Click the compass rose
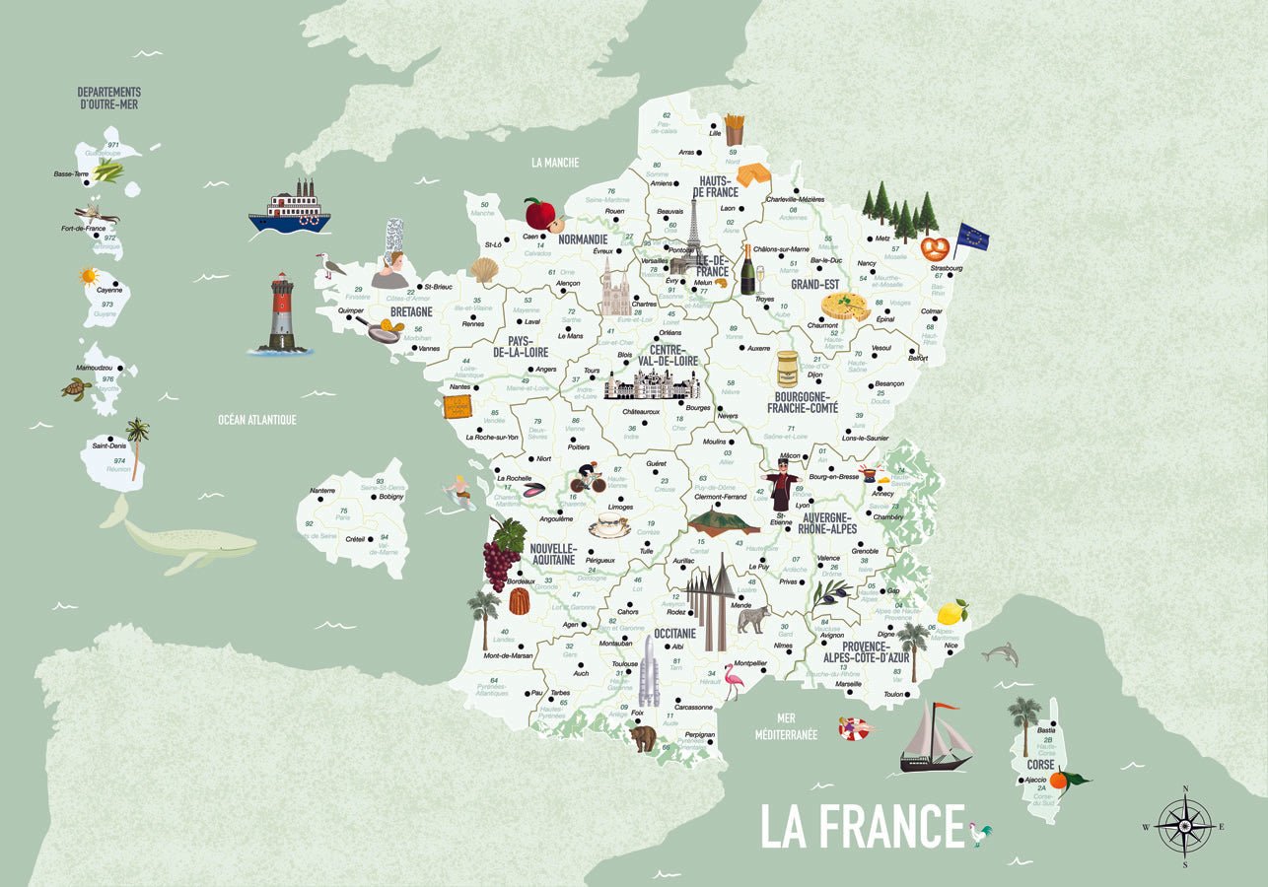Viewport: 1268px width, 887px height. tap(1184, 826)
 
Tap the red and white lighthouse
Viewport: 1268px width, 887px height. tap(282, 313)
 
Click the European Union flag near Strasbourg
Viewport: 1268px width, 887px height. tap(971, 238)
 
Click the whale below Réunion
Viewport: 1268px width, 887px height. tap(182, 540)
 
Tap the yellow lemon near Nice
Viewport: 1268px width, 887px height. tap(951, 612)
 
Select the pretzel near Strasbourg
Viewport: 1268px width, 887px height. tap(935, 247)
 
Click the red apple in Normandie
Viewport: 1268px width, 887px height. tap(539, 213)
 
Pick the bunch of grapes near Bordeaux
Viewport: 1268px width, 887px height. tap(502, 554)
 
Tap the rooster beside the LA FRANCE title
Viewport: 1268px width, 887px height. tap(979, 833)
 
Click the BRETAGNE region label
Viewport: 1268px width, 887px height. tap(411, 311)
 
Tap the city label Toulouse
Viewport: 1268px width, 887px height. tap(624, 664)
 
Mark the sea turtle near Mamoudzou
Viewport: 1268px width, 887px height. tap(76, 388)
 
